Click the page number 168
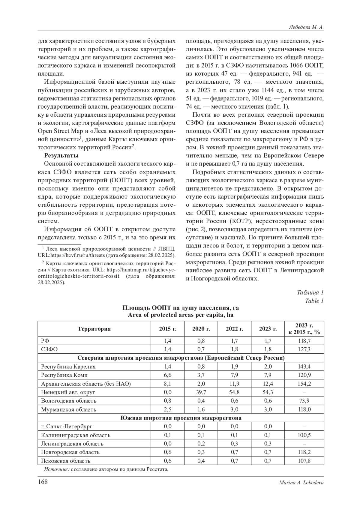[x=43, y=482]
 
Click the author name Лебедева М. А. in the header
[x=306, y=27]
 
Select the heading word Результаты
[x=61, y=155]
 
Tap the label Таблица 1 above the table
[x=310, y=292]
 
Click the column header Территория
[x=94, y=329]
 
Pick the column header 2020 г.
[x=201, y=329]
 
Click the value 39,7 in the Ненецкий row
[x=201, y=392]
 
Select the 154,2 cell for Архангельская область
[x=304, y=384]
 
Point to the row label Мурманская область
[x=69, y=409]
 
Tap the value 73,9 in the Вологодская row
[x=304, y=401]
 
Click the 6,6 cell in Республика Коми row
[x=168, y=375]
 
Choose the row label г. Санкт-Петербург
[x=67, y=426]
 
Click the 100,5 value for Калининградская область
[x=304, y=435]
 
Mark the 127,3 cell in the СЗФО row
[x=304, y=349]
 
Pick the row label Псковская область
[x=66, y=461]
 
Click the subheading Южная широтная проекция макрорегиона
[x=181, y=418]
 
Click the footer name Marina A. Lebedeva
[x=301, y=482]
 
